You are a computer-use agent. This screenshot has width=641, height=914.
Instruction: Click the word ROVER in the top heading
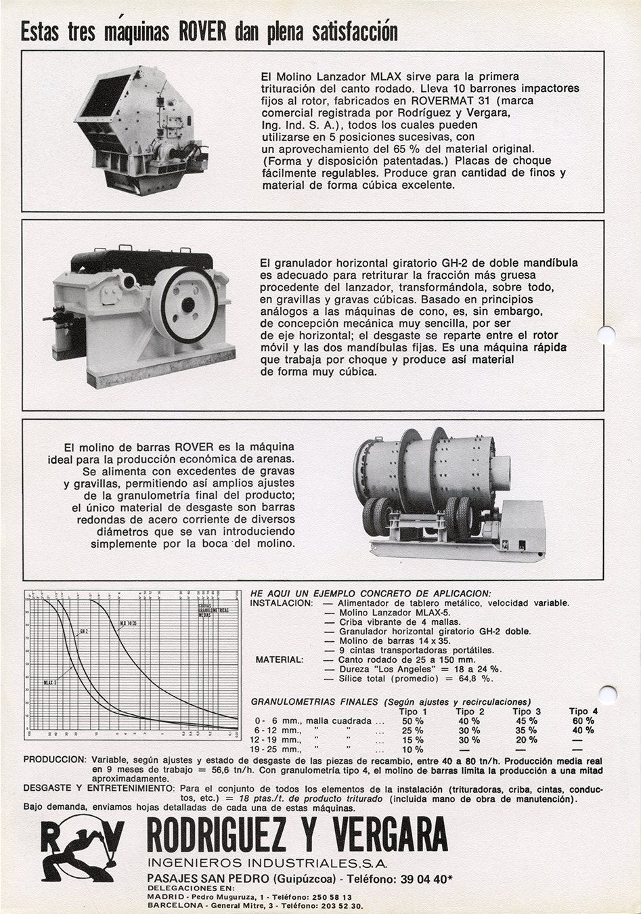pyautogui.click(x=204, y=32)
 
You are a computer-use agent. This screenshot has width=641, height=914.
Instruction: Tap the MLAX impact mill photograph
pyautogui.click(x=140, y=129)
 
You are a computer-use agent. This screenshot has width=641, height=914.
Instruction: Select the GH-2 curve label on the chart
pyautogui.click(x=84, y=631)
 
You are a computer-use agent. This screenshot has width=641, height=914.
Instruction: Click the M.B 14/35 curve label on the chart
pyautogui.click(x=129, y=624)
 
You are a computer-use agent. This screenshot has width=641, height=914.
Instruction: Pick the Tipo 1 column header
pyautogui.click(x=413, y=712)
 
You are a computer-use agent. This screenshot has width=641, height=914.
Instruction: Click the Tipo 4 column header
pyautogui.click(x=583, y=712)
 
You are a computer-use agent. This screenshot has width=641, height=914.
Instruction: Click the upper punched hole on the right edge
pyautogui.click(x=606, y=334)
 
